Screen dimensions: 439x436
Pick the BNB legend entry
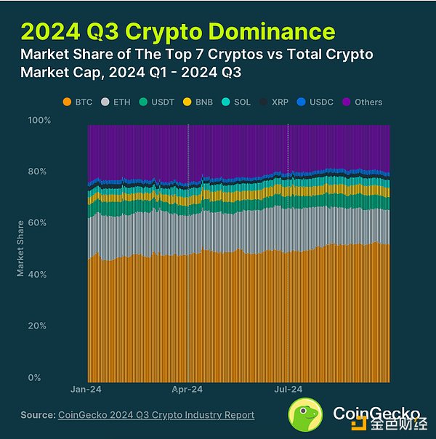click(x=198, y=102)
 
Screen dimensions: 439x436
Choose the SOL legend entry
click(x=237, y=102)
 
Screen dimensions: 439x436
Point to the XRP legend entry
click(x=275, y=102)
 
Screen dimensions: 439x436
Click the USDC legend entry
click(x=315, y=102)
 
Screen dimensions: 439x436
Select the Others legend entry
click(x=363, y=102)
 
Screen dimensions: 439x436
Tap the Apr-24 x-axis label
click(x=187, y=390)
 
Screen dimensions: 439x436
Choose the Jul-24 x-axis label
click(x=287, y=390)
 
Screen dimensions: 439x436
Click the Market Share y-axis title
click(x=21, y=249)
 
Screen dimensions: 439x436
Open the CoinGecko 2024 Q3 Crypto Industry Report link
click(x=156, y=415)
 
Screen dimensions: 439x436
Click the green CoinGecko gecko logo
click(x=307, y=416)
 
